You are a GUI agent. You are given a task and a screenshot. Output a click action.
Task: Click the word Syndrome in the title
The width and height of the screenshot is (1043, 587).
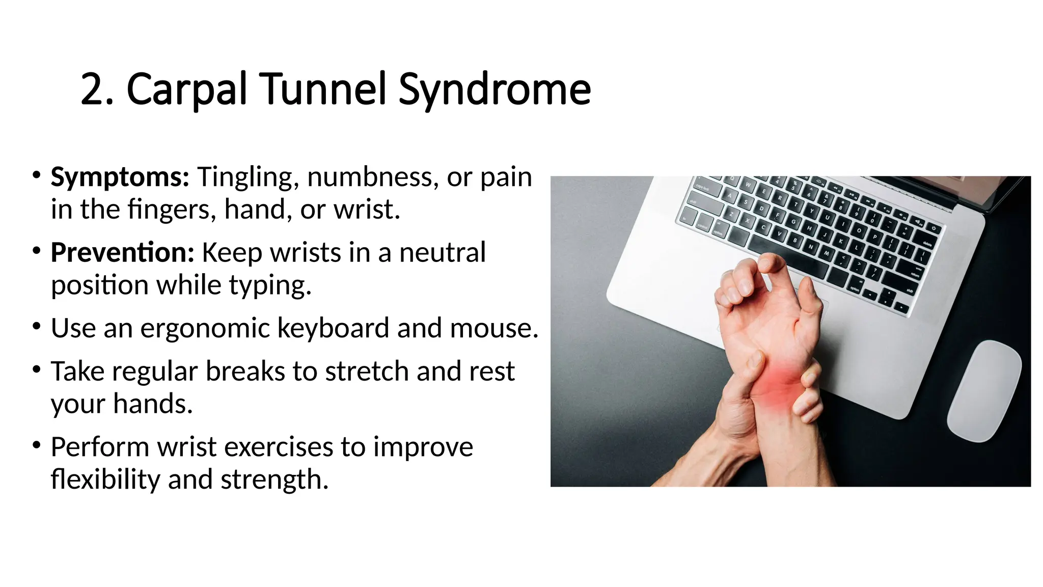click(494, 90)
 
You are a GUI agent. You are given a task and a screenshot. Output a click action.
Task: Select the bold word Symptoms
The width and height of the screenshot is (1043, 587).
click(120, 177)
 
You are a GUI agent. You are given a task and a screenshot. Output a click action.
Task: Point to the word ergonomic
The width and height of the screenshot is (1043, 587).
click(205, 328)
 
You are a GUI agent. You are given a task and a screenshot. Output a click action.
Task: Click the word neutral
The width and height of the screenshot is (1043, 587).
click(442, 253)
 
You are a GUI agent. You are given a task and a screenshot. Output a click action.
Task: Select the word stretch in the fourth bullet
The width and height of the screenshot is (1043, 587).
click(367, 371)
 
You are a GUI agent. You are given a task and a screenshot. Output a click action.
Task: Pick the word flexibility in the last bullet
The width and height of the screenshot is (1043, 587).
click(105, 479)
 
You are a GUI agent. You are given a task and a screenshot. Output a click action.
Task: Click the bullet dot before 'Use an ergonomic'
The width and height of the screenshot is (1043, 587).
click(36, 326)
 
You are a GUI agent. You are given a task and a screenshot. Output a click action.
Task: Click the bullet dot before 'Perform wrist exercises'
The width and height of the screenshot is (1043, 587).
click(36, 445)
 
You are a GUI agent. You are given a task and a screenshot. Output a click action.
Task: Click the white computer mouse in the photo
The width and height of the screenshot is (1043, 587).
click(984, 390)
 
